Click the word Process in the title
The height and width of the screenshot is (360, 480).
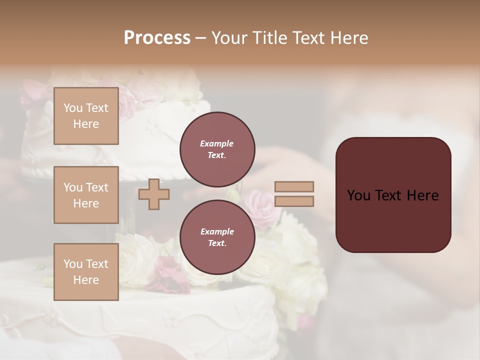(157, 37)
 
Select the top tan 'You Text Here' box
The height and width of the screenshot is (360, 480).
(86, 116)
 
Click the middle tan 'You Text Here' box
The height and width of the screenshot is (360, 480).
(86, 195)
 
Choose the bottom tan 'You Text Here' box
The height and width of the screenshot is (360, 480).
(86, 272)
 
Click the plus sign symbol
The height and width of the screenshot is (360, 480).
(153, 194)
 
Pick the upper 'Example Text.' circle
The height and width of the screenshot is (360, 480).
(217, 149)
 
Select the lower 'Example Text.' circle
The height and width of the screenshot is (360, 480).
(217, 237)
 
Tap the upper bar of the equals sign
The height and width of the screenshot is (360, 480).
(294, 186)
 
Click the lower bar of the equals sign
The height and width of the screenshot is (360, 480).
(294, 201)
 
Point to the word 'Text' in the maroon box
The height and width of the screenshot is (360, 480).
(392, 195)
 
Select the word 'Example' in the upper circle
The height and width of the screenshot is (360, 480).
(217, 143)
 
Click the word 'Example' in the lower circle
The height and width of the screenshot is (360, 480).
(217, 231)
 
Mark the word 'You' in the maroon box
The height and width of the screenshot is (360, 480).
(358, 195)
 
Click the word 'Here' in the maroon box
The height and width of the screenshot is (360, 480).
(422, 195)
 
